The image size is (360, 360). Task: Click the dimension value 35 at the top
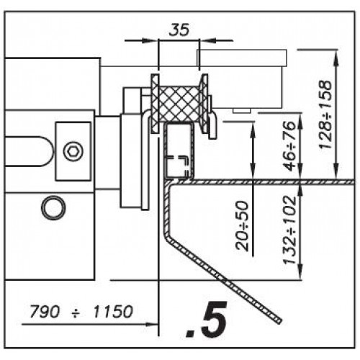(179, 30)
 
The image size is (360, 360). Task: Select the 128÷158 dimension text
(325, 114)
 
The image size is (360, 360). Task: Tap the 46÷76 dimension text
(290, 145)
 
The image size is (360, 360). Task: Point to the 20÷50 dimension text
(242, 226)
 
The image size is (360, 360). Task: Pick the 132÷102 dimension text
(290, 230)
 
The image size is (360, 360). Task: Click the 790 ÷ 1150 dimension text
(81, 311)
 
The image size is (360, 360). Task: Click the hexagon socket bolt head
(73, 151)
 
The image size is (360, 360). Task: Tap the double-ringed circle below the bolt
(53, 208)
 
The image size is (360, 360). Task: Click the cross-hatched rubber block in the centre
(179, 104)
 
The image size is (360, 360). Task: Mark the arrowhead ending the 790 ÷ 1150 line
(152, 325)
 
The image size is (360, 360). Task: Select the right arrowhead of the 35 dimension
(207, 40)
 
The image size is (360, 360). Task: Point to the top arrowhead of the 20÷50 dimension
(253, 130)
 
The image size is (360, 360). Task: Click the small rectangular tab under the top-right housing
(242, 110)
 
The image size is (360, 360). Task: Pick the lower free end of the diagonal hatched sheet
(279, 321)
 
